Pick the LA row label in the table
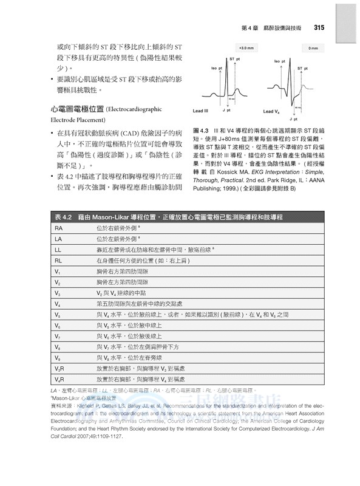tap(59, 239)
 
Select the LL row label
tap(59, 250)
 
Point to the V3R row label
tap(59, 368)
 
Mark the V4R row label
tap(59, 379)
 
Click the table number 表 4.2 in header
tap(63, 216)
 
